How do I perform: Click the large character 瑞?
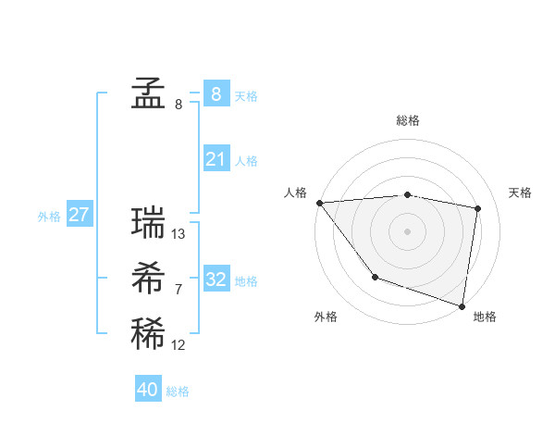tap(148, 223)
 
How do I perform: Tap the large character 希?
tap(148, 279)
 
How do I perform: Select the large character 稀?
tap(148, 334)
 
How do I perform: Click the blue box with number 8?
tap(216, 93)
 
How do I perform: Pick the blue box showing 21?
tap(216, 159)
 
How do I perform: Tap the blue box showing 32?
tap(216, 280)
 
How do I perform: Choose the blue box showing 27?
tap(79, 215)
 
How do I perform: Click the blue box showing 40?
tap(147, 390)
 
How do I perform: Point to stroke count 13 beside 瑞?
tap(179, 234)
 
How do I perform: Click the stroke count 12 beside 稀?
tap(179, 345)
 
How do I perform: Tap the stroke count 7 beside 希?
tap(179, 290)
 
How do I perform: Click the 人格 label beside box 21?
tap(246, 161)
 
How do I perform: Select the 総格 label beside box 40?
tap(178, 391)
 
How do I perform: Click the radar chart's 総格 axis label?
tap(407, 120)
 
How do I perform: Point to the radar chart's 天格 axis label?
tap(520, 193)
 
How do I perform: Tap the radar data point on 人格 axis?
tap(319, 202)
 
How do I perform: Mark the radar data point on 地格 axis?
tap(462, 304)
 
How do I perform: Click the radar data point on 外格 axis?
tap(375, 276)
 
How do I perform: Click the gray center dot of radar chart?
tap(407, 230)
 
